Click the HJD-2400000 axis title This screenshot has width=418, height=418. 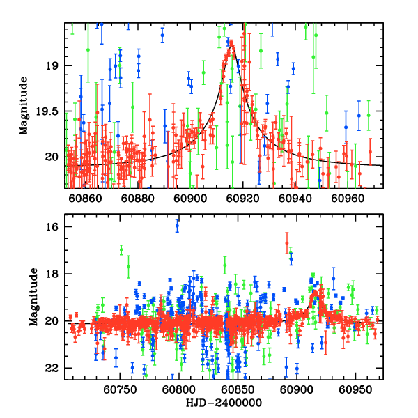coord(222,403)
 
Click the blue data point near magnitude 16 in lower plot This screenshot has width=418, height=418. coord(177,225)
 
